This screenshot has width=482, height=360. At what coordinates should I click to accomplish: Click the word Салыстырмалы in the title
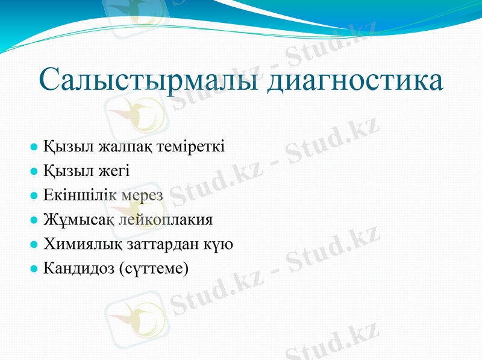[x=149, y=81]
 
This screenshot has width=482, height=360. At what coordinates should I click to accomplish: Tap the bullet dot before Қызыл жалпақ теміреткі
[x=34, y=147]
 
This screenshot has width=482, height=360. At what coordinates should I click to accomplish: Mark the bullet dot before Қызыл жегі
[x=34, y=172]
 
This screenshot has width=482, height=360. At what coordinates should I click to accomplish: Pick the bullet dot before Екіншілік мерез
[x=34, y=196]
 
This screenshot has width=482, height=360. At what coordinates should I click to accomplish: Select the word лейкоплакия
[x=164, y=221]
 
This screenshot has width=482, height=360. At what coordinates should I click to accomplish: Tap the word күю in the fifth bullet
[x=221, y=245]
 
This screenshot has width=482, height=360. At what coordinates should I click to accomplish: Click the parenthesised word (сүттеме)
[x=154, y=269]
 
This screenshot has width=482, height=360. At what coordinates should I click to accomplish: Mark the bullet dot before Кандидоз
[x=34, y=268]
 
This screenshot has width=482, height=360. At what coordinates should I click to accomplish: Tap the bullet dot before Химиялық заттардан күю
[x=34, y=245]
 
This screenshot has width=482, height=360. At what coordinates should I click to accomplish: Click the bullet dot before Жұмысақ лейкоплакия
[x=34, y=221]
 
